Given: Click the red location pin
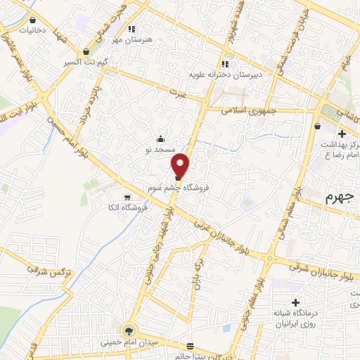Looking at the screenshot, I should click(x=181, y=165).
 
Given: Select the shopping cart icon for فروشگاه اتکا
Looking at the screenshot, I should click(x=127, y=197).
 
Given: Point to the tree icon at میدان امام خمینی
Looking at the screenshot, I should click(x=128, y=329).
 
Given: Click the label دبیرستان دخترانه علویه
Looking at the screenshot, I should click(x=224, y=73).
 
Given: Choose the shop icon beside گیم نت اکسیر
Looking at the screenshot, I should click(x=86, y=51).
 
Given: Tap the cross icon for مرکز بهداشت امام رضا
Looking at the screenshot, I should click(x=342, y=134).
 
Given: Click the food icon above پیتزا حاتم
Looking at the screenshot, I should click(x=190, y=346).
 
